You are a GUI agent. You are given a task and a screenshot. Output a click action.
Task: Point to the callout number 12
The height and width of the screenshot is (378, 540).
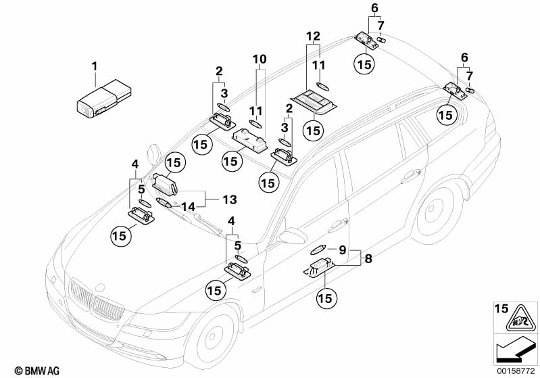(311, 35)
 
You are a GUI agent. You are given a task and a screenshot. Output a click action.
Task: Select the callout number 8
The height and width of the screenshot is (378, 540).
(368, 258)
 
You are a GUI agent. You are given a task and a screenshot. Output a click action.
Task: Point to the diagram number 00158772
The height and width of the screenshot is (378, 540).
(518, 370)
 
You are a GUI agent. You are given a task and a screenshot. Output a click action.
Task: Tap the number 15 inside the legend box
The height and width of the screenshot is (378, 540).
(500, 309)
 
